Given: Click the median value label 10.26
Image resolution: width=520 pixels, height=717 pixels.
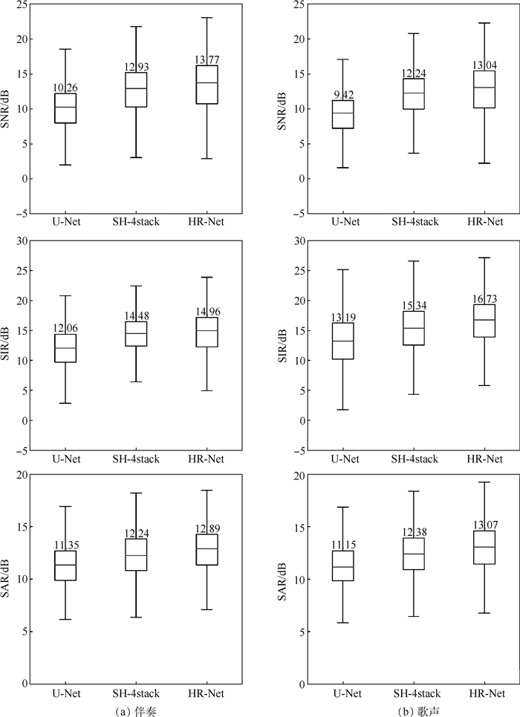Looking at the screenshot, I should click(x=65, y=88).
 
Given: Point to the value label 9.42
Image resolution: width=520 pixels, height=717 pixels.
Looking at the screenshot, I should click(x=342, y=95).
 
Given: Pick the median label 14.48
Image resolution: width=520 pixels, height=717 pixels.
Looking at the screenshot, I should click(x=136, y=316).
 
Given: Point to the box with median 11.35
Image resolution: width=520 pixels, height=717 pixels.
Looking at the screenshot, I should click(x=65, y=565).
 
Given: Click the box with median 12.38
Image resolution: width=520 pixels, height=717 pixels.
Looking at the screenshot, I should click(x=414, y=554).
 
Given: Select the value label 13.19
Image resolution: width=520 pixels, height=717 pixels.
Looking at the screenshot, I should click(x=342, y=318).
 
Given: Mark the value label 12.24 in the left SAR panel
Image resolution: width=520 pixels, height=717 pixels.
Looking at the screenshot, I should click(x=136, y=533).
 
